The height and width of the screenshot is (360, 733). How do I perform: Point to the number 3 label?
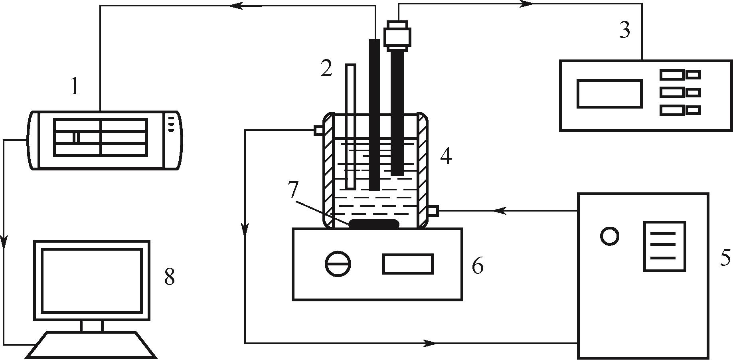pos(625,30)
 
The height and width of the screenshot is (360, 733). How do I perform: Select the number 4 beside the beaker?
pos(446,156)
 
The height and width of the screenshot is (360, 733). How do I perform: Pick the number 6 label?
pos(478,265)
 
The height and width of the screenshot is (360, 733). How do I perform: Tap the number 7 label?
pos(293,190)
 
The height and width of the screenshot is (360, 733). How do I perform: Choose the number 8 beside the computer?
pos(170,276)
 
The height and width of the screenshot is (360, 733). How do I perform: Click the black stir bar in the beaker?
pos(374,224)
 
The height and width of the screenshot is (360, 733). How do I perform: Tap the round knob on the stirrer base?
pos(338,264)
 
